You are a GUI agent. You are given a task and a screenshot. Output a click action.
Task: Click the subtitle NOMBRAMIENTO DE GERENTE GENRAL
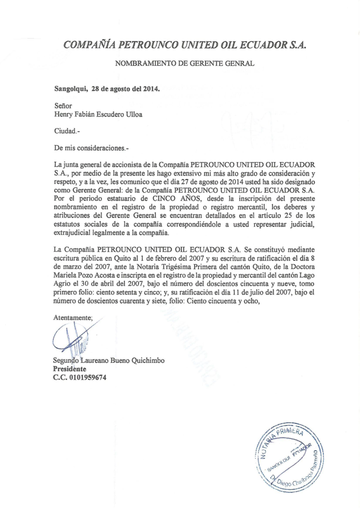[x=185, y=63]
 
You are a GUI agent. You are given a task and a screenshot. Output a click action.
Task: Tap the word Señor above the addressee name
[x=63, y=105]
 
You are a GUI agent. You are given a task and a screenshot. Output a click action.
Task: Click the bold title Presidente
[x=70, y=369]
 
